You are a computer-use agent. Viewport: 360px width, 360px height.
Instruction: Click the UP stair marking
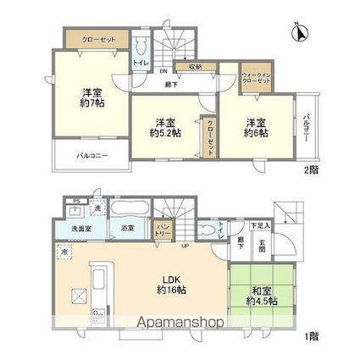coord(184,246)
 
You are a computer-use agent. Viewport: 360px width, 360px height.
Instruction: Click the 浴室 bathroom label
coord(127,228)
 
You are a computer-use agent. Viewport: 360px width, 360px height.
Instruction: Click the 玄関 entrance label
coord(262,241)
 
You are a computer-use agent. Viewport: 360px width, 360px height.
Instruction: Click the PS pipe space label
coord(76,201)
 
